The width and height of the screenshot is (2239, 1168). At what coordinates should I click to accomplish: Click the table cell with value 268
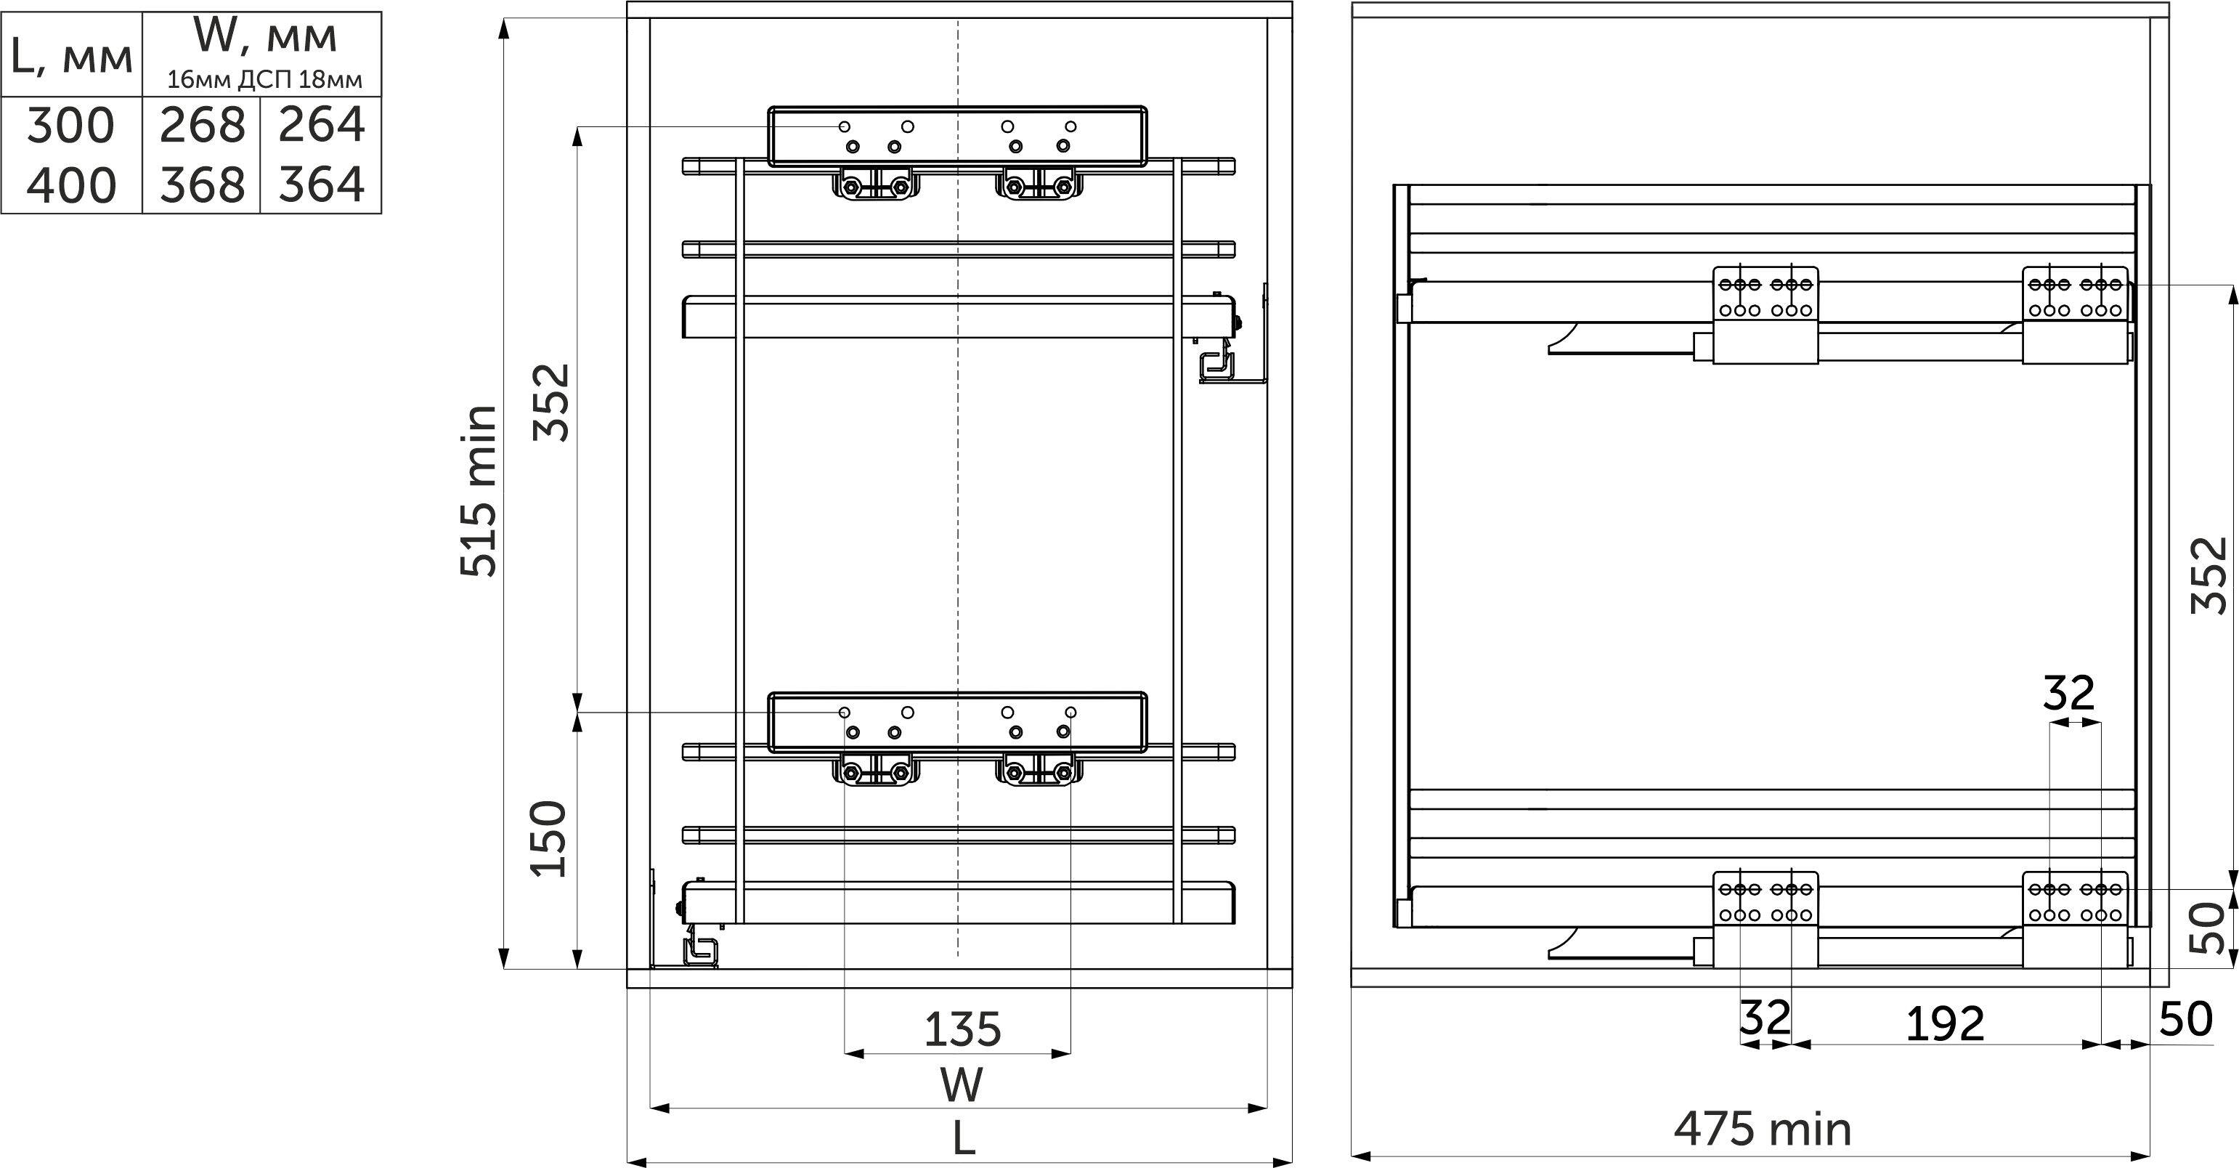click(x=202, y=125)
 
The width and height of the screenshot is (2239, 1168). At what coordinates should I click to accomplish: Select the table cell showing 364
click(x=322, y=185)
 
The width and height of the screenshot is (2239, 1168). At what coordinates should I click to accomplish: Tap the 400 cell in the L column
click(x=71, y=185)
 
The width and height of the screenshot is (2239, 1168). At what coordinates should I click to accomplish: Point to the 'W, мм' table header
click(x=264, y=36)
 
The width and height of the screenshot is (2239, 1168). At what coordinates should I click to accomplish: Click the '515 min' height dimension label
click(x=479, y=490)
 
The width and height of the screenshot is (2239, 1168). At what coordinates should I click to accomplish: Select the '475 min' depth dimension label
click(x=1763, y=1130)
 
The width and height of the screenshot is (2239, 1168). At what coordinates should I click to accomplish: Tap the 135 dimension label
click(x=962, y=1030)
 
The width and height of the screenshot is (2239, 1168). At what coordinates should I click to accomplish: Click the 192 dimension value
click(x=1945, y=1023)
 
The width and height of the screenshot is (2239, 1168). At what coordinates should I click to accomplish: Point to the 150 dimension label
click(x=550, y=839)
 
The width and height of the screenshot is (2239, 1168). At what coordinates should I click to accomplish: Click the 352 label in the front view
click(x=552, y=402)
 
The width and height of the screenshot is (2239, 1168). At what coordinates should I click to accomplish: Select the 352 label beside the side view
click(x=2208, y=575)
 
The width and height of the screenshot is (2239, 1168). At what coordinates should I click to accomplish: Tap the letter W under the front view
click(x=962, y=1084)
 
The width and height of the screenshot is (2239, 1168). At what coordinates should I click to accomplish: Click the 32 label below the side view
click(x=1765, y=1017)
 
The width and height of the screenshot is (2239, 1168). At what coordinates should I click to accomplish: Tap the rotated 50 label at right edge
click(x=2207, y=928)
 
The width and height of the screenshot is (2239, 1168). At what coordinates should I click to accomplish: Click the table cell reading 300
click(x=71, y=125)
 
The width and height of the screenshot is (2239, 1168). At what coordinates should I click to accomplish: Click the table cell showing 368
click(x=202, y=185)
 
